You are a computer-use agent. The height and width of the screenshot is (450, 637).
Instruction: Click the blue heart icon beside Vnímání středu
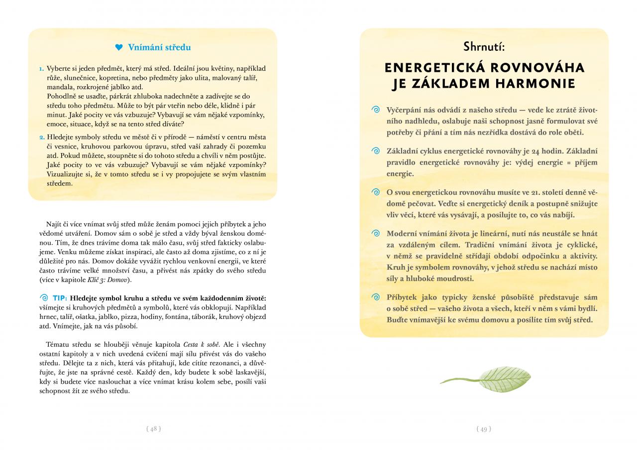point(118,48)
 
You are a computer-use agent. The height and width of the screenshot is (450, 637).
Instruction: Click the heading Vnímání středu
point(159,48)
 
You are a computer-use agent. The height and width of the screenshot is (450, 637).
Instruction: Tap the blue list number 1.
point(42,68)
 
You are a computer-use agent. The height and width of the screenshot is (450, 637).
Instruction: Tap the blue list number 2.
point(42,137)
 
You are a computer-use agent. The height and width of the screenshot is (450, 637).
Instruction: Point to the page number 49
point(484,429)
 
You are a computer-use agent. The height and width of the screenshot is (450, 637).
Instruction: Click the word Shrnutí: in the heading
point(484,47)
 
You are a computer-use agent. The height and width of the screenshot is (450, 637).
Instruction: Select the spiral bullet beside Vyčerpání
point(376,109)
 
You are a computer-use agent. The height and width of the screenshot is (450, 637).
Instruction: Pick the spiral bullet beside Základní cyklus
point(376,151)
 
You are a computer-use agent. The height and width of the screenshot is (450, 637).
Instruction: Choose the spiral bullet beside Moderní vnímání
point(376,233)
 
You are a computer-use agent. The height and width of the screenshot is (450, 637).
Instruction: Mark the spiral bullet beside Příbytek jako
point(376,298)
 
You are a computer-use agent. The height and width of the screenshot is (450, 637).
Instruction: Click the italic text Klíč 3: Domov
point(111,280)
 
